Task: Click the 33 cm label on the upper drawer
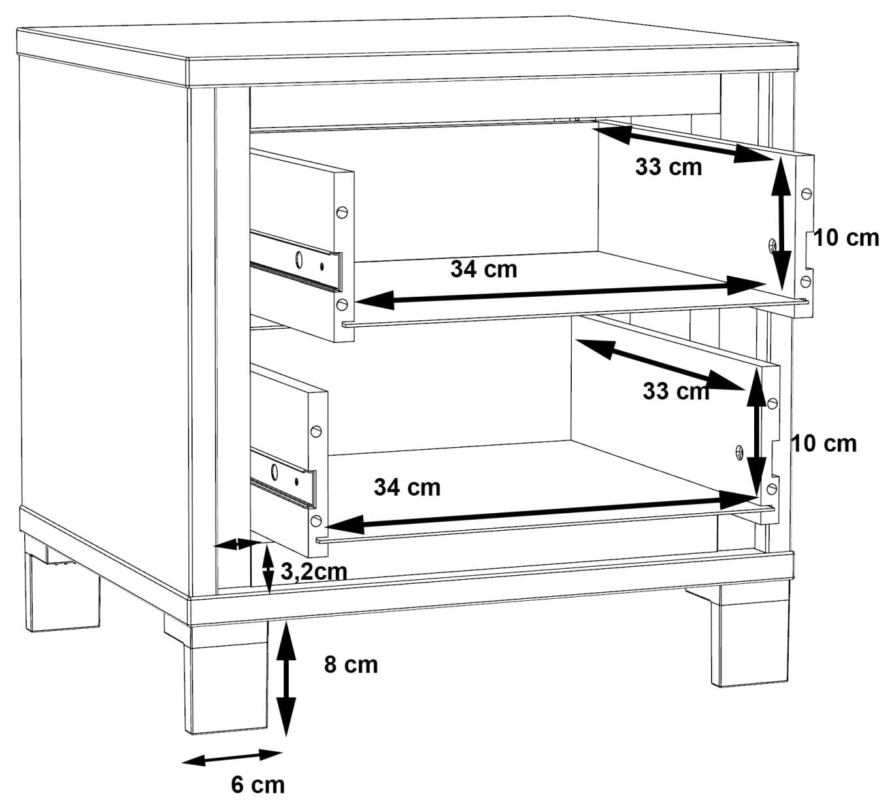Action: click(669, 167)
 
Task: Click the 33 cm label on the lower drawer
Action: click(676, 392)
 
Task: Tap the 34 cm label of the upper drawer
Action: click(484, 269)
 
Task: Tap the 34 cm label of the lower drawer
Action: click(407, 487)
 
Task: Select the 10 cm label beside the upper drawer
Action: click(846, 238)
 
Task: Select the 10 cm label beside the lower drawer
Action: click(824, 444)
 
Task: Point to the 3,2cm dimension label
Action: click(314, 572)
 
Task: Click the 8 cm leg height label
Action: click(351, 665)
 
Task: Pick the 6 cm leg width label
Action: click(258, 785)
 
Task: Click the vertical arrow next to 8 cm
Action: click(286, 679)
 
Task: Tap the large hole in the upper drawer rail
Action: click(299, 260)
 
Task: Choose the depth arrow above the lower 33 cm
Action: click(660, 365)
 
